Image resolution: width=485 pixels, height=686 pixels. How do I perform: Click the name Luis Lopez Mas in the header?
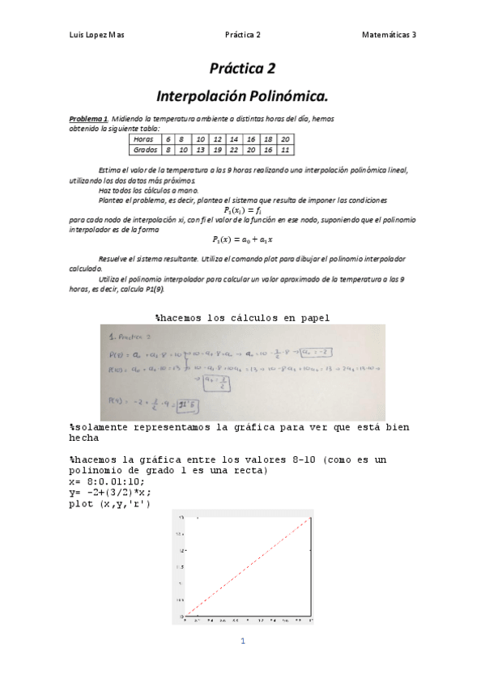[96, 35]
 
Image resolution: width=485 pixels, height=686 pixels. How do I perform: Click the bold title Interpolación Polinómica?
[242, 97]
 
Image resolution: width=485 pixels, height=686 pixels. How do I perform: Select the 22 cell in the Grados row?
[233, 150]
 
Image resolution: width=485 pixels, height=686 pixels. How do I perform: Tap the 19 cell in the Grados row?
[217, 150]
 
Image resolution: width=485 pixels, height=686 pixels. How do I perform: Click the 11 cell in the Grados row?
[284, 150]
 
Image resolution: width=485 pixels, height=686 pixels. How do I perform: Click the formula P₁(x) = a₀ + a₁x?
[242, 239]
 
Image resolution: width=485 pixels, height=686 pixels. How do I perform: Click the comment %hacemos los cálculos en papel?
[242, 318]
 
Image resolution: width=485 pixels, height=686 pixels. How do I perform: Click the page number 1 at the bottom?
[242, 642]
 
